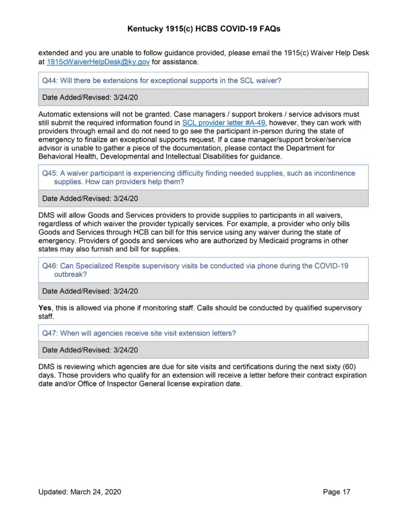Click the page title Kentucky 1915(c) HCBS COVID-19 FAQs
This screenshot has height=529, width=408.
[x=204, y=29]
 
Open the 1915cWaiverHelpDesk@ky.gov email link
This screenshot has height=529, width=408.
[x=91, y=61]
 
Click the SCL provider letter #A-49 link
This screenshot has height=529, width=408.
[x=223, y=123]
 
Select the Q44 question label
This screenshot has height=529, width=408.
[x=49, y=81]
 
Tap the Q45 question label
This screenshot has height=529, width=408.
[x=49, y=174]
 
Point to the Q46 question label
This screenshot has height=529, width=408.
[x=49, y=266]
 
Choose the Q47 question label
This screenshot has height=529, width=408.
[x=49, y=333]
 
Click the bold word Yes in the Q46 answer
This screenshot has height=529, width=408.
[x=45, y=308]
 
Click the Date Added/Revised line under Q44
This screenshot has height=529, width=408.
[x=90, y=97]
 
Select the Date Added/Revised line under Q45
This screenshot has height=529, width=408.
[x=90, y=198]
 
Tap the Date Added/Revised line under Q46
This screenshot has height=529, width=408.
[x=90, y=291]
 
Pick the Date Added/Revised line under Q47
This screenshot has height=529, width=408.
[x=90, y=350]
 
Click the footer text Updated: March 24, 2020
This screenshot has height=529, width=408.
[x=79, y=492]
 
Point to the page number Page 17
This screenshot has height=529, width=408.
[x=336, y=492]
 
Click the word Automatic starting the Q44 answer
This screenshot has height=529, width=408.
[x=56, y=114]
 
